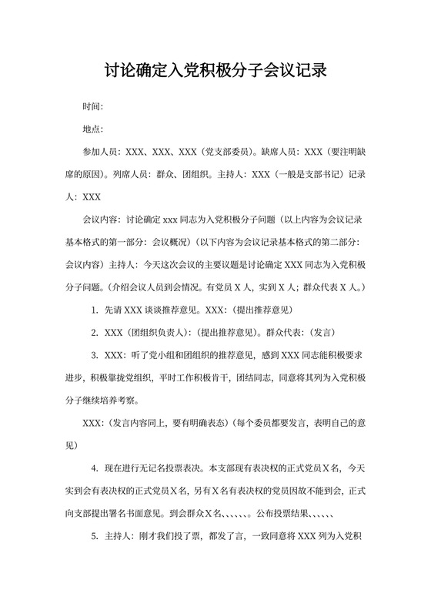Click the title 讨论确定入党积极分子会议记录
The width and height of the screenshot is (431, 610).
tap(215, 72)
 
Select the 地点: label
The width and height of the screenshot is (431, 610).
tap(92, 129)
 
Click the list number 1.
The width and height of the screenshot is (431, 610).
tap(94, 310)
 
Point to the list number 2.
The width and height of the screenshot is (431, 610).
tap(94, 333)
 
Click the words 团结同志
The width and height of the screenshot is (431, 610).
tap(254, 377)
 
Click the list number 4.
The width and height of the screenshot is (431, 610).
tap(94, 468)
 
